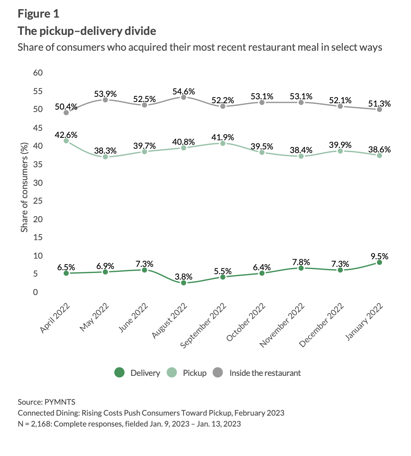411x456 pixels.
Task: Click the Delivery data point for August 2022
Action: coord(184,283)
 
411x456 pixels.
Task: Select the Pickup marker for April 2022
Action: coord(66,141)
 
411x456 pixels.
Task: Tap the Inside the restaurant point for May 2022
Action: coord(105,100)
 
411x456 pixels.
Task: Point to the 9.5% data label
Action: coord(379,257)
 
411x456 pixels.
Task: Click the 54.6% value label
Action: coord(184,92)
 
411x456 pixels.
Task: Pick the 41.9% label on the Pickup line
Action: coord(223,138)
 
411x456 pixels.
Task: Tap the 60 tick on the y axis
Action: coord(38,73)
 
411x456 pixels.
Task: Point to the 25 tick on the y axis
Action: coord(38,201)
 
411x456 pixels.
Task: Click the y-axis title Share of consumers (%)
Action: coord(24,187)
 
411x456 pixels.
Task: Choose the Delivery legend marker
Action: coord(120,373)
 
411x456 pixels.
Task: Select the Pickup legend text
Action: coord(194,373)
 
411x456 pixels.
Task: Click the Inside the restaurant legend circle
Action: coord(218,373)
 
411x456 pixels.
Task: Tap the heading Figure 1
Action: coord(39,14)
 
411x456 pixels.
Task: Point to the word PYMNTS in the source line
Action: coord(60,402)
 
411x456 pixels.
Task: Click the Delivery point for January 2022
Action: coord(379,262)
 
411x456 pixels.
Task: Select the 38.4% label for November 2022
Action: coord(301,150)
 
